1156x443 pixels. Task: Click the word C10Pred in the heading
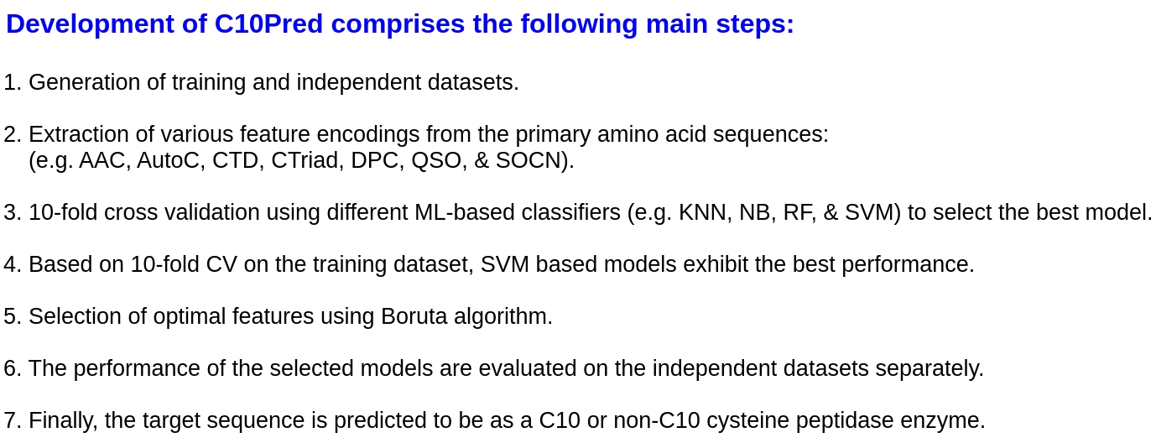tap(268, 23)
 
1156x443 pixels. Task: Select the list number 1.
tap(13, 82)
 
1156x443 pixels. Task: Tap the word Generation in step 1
tap(84, 82)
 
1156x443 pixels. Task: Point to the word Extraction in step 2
tap(79, 134)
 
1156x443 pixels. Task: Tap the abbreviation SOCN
tap(532, 160)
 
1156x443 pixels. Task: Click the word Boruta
tap(414, 316)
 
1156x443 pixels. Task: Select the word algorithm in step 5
tap(502, 317)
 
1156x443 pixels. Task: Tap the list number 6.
tap(13, 368)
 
